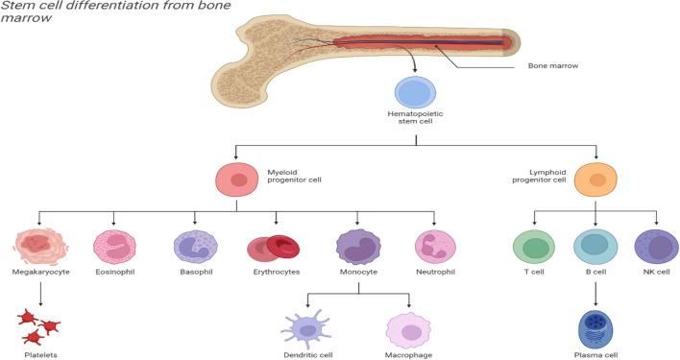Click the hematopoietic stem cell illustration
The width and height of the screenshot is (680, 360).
click(415, 93)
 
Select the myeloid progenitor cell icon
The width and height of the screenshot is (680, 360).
click(236, 180)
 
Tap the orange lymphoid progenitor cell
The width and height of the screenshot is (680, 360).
click(596, 180)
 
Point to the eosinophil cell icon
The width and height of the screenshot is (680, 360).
click(115, 246)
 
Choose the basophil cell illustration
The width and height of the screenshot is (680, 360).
click(196, 247)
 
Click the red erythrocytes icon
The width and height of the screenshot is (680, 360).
click(275, 248)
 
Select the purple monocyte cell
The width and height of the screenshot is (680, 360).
click(357, 247)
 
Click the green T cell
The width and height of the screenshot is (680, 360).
click(535, 246)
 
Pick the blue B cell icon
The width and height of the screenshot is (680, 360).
click(595, 246)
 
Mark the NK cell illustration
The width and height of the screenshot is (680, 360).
click(656, 246)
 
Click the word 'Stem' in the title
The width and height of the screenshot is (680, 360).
click(17, 7)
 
